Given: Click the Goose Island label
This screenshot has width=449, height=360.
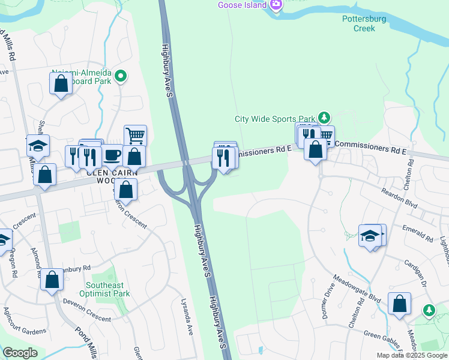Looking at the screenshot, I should coord(242,5).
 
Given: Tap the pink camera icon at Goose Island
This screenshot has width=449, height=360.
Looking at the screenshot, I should coord(276,4).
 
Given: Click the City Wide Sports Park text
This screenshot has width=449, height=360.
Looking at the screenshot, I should coord(274,119).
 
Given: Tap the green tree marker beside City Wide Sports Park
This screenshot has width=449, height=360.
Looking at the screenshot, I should coord(324,116).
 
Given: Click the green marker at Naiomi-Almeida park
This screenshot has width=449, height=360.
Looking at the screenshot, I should coord(121,76).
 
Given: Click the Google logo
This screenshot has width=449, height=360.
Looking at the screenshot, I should coord(20,353).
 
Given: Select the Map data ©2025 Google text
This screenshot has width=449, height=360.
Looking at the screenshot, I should coord(411,355).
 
